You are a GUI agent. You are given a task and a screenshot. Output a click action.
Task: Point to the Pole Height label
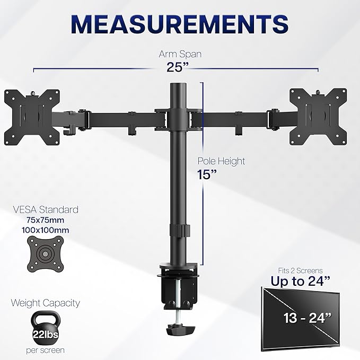(x=222, y=161)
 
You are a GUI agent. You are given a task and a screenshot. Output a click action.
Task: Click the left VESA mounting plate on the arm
(x=32, y=116)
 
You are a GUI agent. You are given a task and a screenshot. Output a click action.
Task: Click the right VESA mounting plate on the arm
(x=318, y=115)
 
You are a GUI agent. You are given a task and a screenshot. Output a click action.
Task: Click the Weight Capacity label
(x=46, y=303)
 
